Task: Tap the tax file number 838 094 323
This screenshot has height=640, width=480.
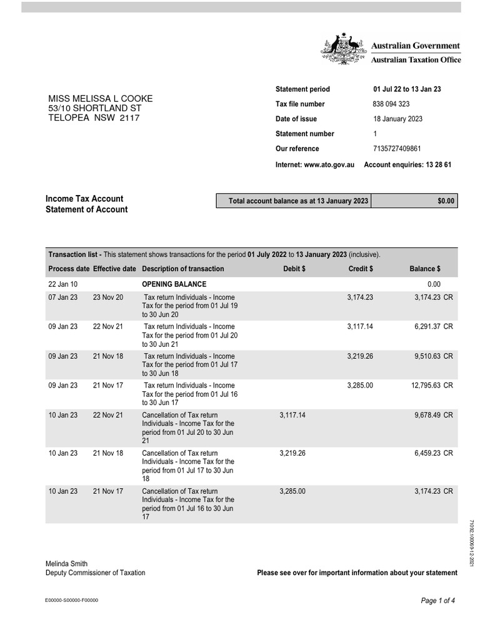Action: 391,104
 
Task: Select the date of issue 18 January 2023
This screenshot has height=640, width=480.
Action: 397,119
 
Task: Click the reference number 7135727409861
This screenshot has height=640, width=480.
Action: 397,149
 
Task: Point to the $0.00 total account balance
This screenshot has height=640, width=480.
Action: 447,201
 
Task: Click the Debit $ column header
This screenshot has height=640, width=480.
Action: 294,269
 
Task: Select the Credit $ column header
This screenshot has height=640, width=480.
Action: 361,269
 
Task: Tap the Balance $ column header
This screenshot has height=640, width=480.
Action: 425,269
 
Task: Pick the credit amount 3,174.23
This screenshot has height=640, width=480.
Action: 360,297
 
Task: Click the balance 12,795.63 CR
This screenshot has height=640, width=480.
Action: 432,386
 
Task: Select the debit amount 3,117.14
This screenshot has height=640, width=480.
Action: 292,415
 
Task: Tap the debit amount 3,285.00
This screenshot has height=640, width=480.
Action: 292,491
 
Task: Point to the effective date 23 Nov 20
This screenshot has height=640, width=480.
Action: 108,297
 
